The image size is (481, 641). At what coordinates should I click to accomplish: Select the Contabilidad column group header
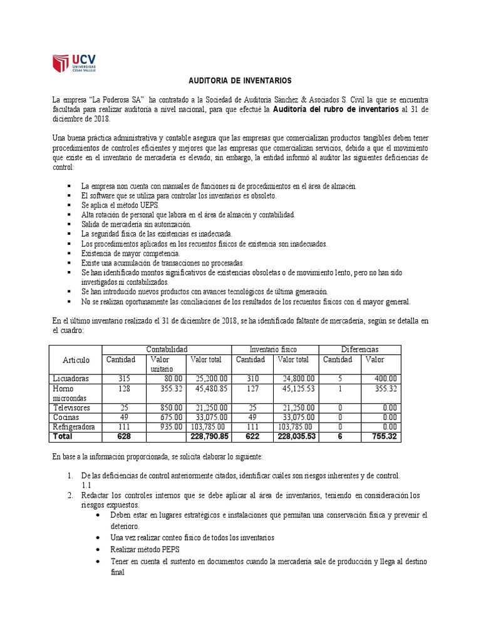pyautogui.click(x=167, y=349)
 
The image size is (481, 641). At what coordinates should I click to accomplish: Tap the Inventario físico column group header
pyautogui.click(x=274, y=349)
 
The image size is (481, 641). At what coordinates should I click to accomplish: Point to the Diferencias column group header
pyautogui.click(x=359, y=349)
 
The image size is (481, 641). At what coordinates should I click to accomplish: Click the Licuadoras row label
pyautogui.click(x=71, y=379)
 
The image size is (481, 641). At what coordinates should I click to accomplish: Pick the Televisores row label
pyautogui.click(x=72, y=407)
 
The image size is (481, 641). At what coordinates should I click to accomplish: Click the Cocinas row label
pyautogui.click(x=66, y=416)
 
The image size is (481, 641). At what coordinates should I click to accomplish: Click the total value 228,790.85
pyautogui.click(x=207, y=436)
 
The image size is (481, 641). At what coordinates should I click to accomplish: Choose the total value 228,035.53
pyautogui.click(x=295, y=436)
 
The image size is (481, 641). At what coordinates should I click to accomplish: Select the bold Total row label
pyautogui.click(x=63, y=436)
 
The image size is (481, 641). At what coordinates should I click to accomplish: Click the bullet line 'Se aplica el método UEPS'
pyautogui.click(x=120, y=205)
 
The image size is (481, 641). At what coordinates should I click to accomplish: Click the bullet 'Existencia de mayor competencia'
pyautogui.click(x=130, y=254)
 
